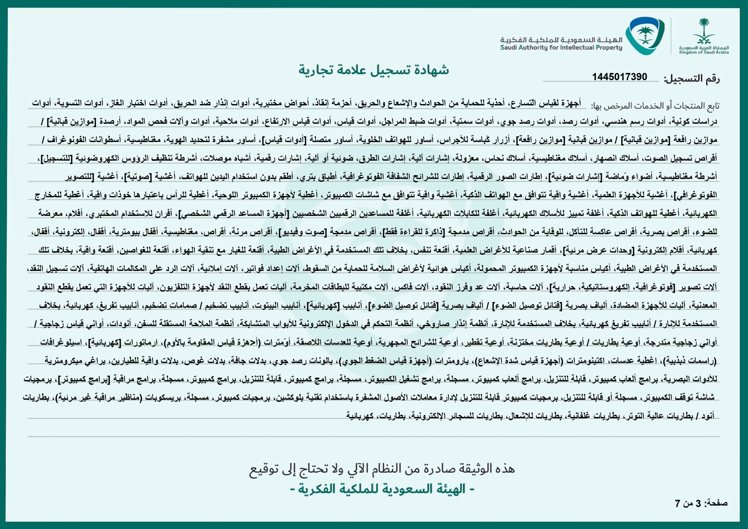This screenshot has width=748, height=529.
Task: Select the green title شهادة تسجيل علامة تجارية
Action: [x=374, y=70]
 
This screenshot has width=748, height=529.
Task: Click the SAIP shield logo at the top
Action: [x=645, y=36]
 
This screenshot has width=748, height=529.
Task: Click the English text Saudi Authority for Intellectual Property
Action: [x=561, y=48]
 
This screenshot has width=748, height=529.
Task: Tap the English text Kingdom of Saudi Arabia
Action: [x=704, y=52]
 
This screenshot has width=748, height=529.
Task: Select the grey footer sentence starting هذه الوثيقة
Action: [x=382, y=469]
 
